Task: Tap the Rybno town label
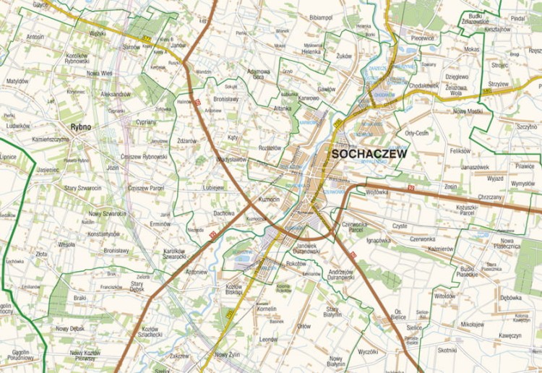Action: pyautogui.click(x=81, y=127)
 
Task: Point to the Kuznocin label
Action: pyautogui.click(x=269, y=199)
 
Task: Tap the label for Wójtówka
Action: pyautogui.click(x=377, y=192)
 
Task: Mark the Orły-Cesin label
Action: pyautogui.click(x=418, y=133)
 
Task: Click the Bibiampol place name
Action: pyautogui.click(x=320, y=17)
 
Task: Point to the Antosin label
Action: pyautogui.click(x=35, y=36)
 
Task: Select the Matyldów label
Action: pyautogui.click(x=17, y=81)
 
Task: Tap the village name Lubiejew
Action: pyautogui.click(x=213, y=186)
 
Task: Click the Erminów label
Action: pyautogui.click(x=160, y=223)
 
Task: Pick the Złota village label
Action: pyautogui.click(x=42, y=254)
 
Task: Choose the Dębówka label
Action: pyautogui.click(x=510, y=297)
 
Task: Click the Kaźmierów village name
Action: pyautogui.click(x=440, y=249)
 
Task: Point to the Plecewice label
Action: pyautogui.click(x=422, y=38)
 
